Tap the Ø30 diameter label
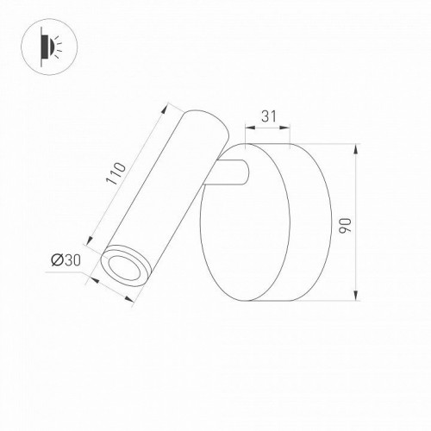(x=66, y=259)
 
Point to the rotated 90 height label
(x=345, y=225)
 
